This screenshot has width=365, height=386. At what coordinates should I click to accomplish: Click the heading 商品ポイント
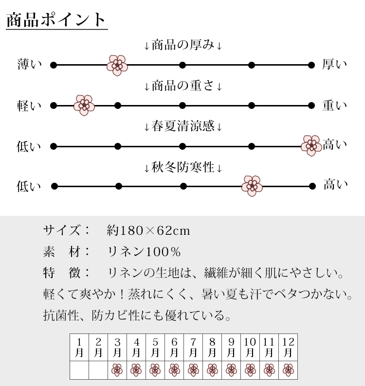[56, 20]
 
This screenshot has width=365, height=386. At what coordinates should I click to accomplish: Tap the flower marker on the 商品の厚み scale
[117, 65]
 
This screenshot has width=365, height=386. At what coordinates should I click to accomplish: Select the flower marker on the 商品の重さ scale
[84, 105]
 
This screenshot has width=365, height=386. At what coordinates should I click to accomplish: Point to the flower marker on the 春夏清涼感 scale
[311, 145]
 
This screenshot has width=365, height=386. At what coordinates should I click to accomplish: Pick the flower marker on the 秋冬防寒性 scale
[252, 186]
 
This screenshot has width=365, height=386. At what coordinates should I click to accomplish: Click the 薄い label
[29, 64]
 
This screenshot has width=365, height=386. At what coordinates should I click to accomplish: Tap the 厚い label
[334, 64]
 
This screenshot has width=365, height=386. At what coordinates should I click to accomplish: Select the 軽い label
[29, 106]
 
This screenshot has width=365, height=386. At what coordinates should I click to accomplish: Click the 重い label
[334, 105]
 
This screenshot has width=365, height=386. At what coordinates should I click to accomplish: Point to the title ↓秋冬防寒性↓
[183, 167]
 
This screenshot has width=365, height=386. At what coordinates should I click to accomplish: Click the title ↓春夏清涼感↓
[183, 126]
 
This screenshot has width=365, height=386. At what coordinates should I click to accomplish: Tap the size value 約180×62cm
[148, 230]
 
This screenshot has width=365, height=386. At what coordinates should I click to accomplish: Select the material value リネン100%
[144, 252]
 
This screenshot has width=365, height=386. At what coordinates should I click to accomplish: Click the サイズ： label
[66, 230]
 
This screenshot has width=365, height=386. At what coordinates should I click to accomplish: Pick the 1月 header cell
[79, 347]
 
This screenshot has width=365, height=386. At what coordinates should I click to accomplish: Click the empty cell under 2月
[98, 370]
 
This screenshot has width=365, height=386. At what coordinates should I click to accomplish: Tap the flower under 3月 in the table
[117, 370]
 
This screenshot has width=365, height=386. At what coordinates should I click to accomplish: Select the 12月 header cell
[288, 347]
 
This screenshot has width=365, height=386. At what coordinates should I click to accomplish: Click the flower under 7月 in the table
[193, 370]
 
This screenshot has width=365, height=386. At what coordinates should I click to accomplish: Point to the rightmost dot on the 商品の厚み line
[311, 65]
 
